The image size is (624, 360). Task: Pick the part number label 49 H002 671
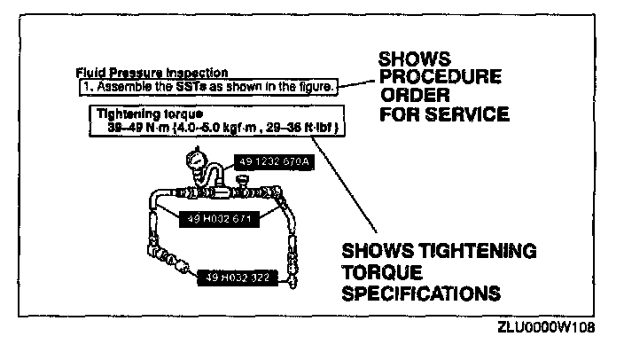[x=216, y=216]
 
